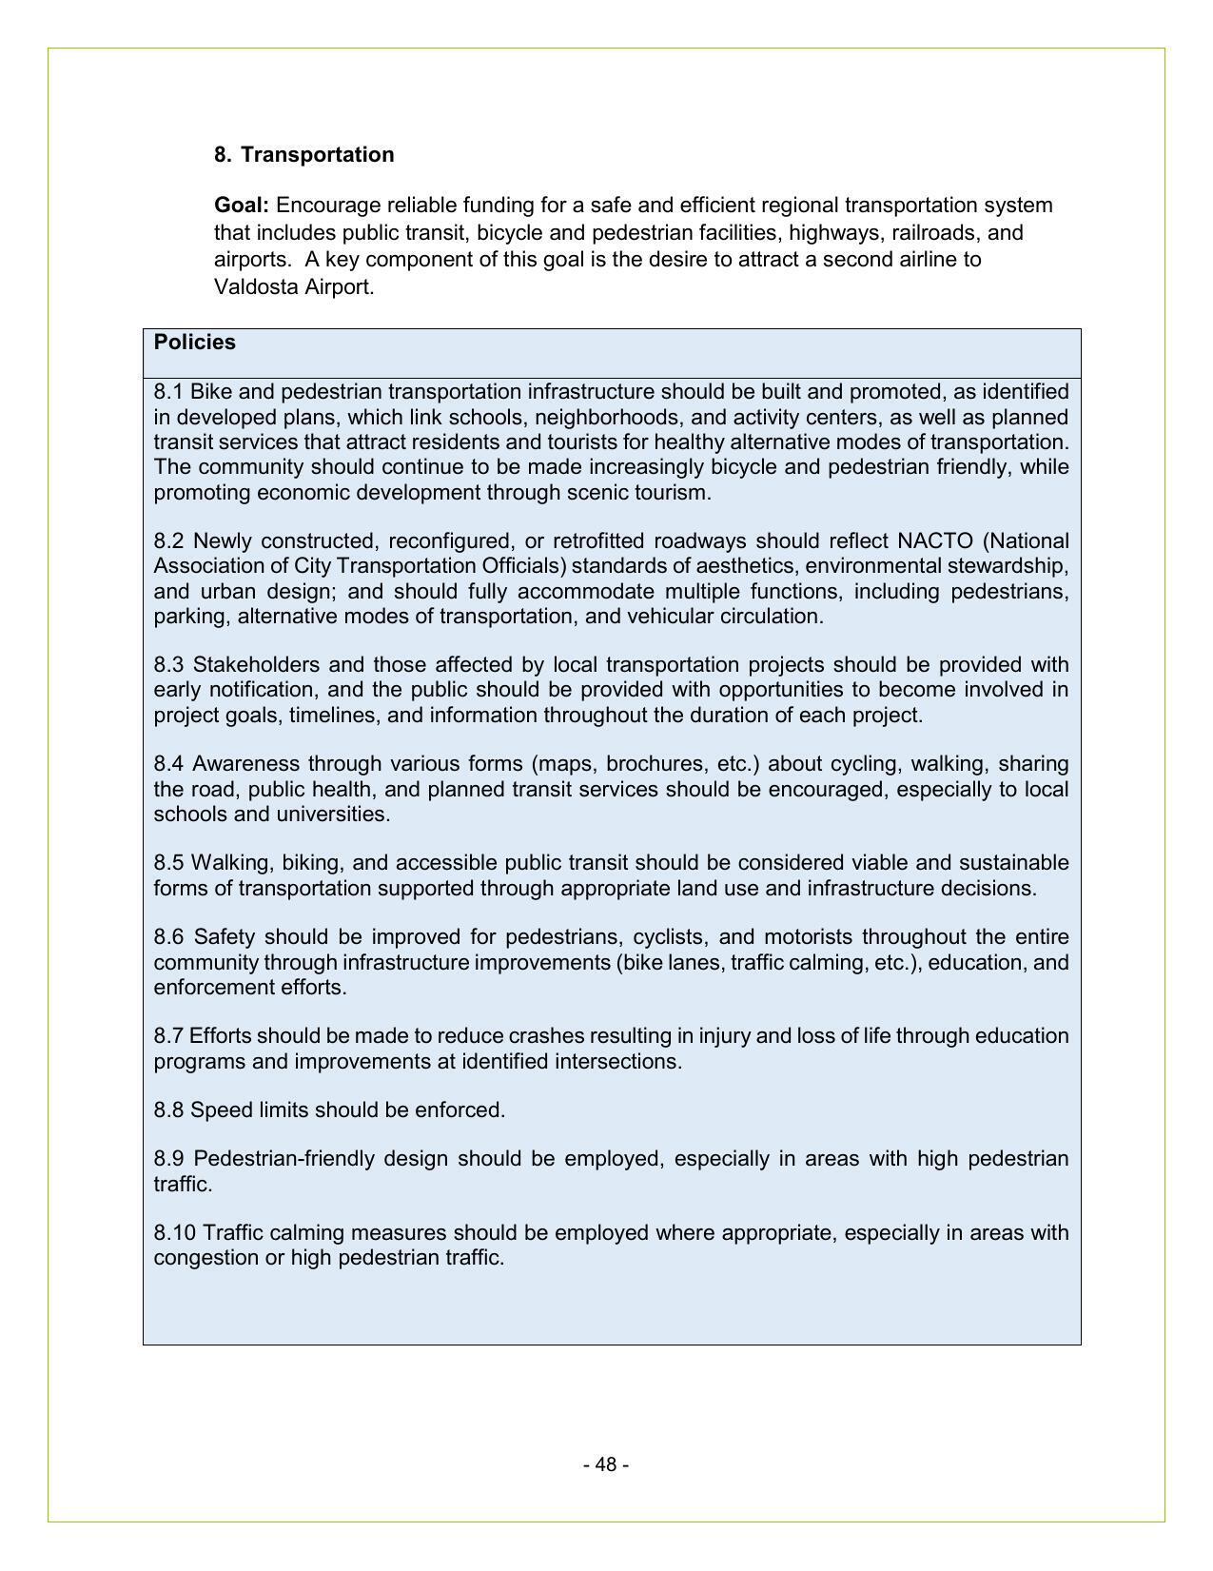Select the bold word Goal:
pyautogui.click(x=242, y=206)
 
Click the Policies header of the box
pyautogui.click(x=195, y=343)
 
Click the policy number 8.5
pyautogui.click(x=169, y=863)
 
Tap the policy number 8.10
pyautogui.click(x=175, y=1233)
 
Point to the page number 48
pyautogui.click(x=606, y=1464)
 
